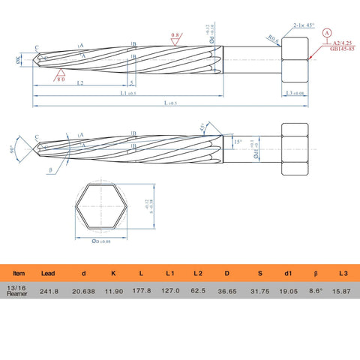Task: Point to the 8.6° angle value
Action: [x=315, y=289]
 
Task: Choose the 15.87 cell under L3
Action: [x=342, y=289]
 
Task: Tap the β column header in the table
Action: [x=315, y=274]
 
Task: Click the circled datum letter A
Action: [x=326, y=34]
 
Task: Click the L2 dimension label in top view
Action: [x=79, y=83]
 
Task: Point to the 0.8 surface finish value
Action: [x=175, y=35]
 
